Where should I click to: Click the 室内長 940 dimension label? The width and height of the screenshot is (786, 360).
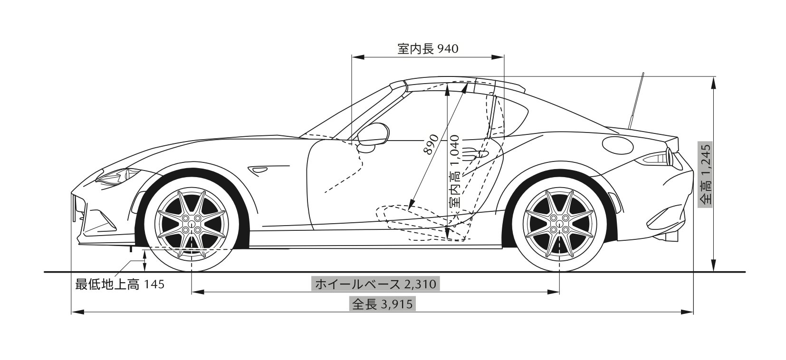pos(427,48)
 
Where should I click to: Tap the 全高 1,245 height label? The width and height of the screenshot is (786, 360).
pos(706,174)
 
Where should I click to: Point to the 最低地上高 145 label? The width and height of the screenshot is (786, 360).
pos(120,284)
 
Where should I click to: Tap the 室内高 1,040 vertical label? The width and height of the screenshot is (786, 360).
pos(455,171)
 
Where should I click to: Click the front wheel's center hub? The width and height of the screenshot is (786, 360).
pos(192,224)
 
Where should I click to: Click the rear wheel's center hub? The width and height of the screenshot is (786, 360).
pos(559,224)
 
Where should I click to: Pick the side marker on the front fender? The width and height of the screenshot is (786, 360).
pos(259,169)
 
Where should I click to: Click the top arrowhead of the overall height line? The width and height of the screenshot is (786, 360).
pos(713,83)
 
